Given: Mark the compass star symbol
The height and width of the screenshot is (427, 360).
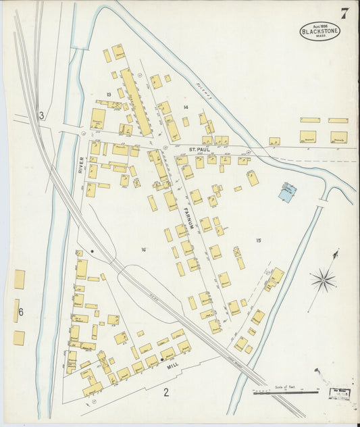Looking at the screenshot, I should point(324,278).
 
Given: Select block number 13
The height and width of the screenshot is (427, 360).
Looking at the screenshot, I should point(107,94).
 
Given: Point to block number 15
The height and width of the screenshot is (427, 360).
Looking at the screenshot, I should point(258,240).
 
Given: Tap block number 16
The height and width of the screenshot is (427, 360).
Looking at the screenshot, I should point(143,250).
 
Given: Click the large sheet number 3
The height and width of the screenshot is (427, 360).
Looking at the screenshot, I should point(41,116).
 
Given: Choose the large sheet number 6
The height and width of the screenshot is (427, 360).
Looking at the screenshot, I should point(21,311).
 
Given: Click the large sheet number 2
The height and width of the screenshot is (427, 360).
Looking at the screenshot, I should point(166,390).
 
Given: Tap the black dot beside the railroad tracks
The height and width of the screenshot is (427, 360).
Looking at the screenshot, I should point(93,252).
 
